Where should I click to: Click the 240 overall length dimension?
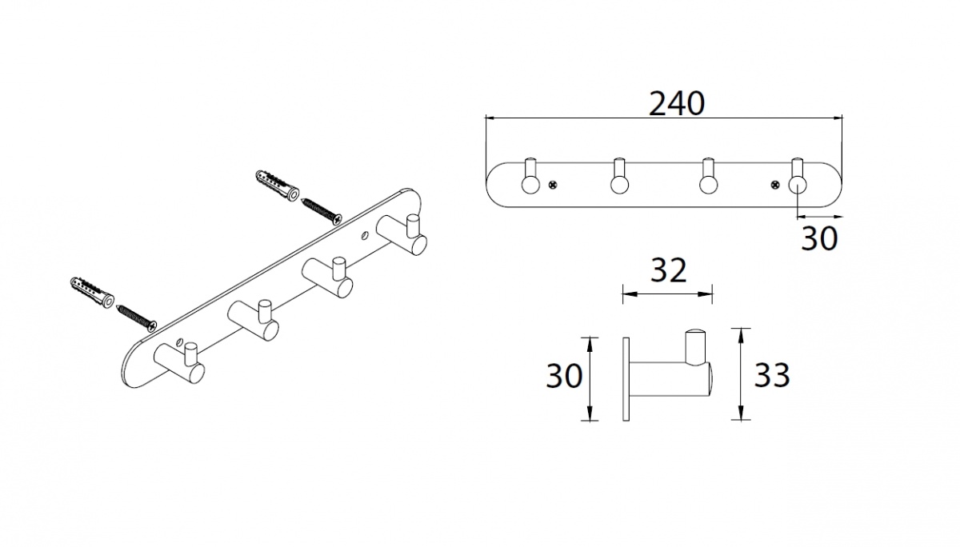tap(677, 104)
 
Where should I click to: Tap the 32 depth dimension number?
tap(668, 271)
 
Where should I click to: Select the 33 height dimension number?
tap(772, 375)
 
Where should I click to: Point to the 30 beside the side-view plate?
tap(564, 376)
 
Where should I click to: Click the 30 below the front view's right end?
tap(819, 238)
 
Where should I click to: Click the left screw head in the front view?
tap(554, 185)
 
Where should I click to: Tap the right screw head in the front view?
tap(775, 185)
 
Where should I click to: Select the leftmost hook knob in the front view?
tap(530, 185)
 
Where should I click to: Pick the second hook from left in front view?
tap(619, 185)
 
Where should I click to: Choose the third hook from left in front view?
tap(708, 185)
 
